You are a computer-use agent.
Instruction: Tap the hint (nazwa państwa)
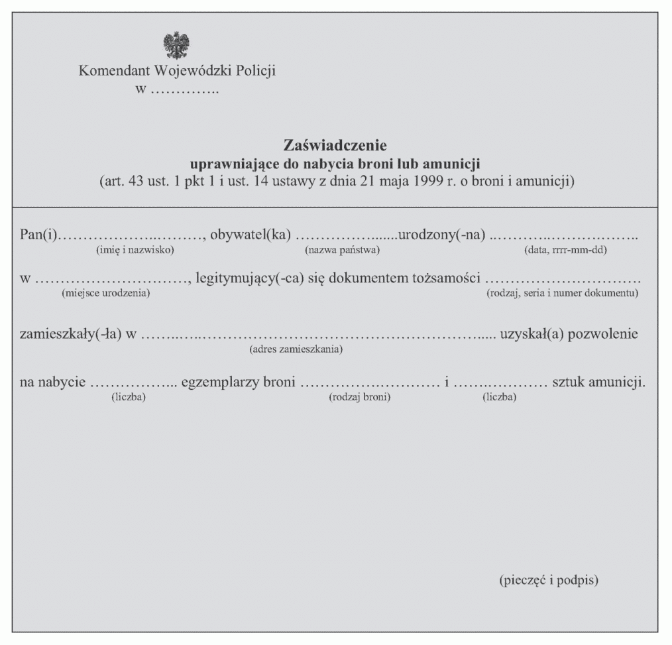pos(342,250)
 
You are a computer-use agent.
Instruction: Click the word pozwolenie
pos(604,333)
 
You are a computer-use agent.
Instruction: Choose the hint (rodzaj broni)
pos(359,397)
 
